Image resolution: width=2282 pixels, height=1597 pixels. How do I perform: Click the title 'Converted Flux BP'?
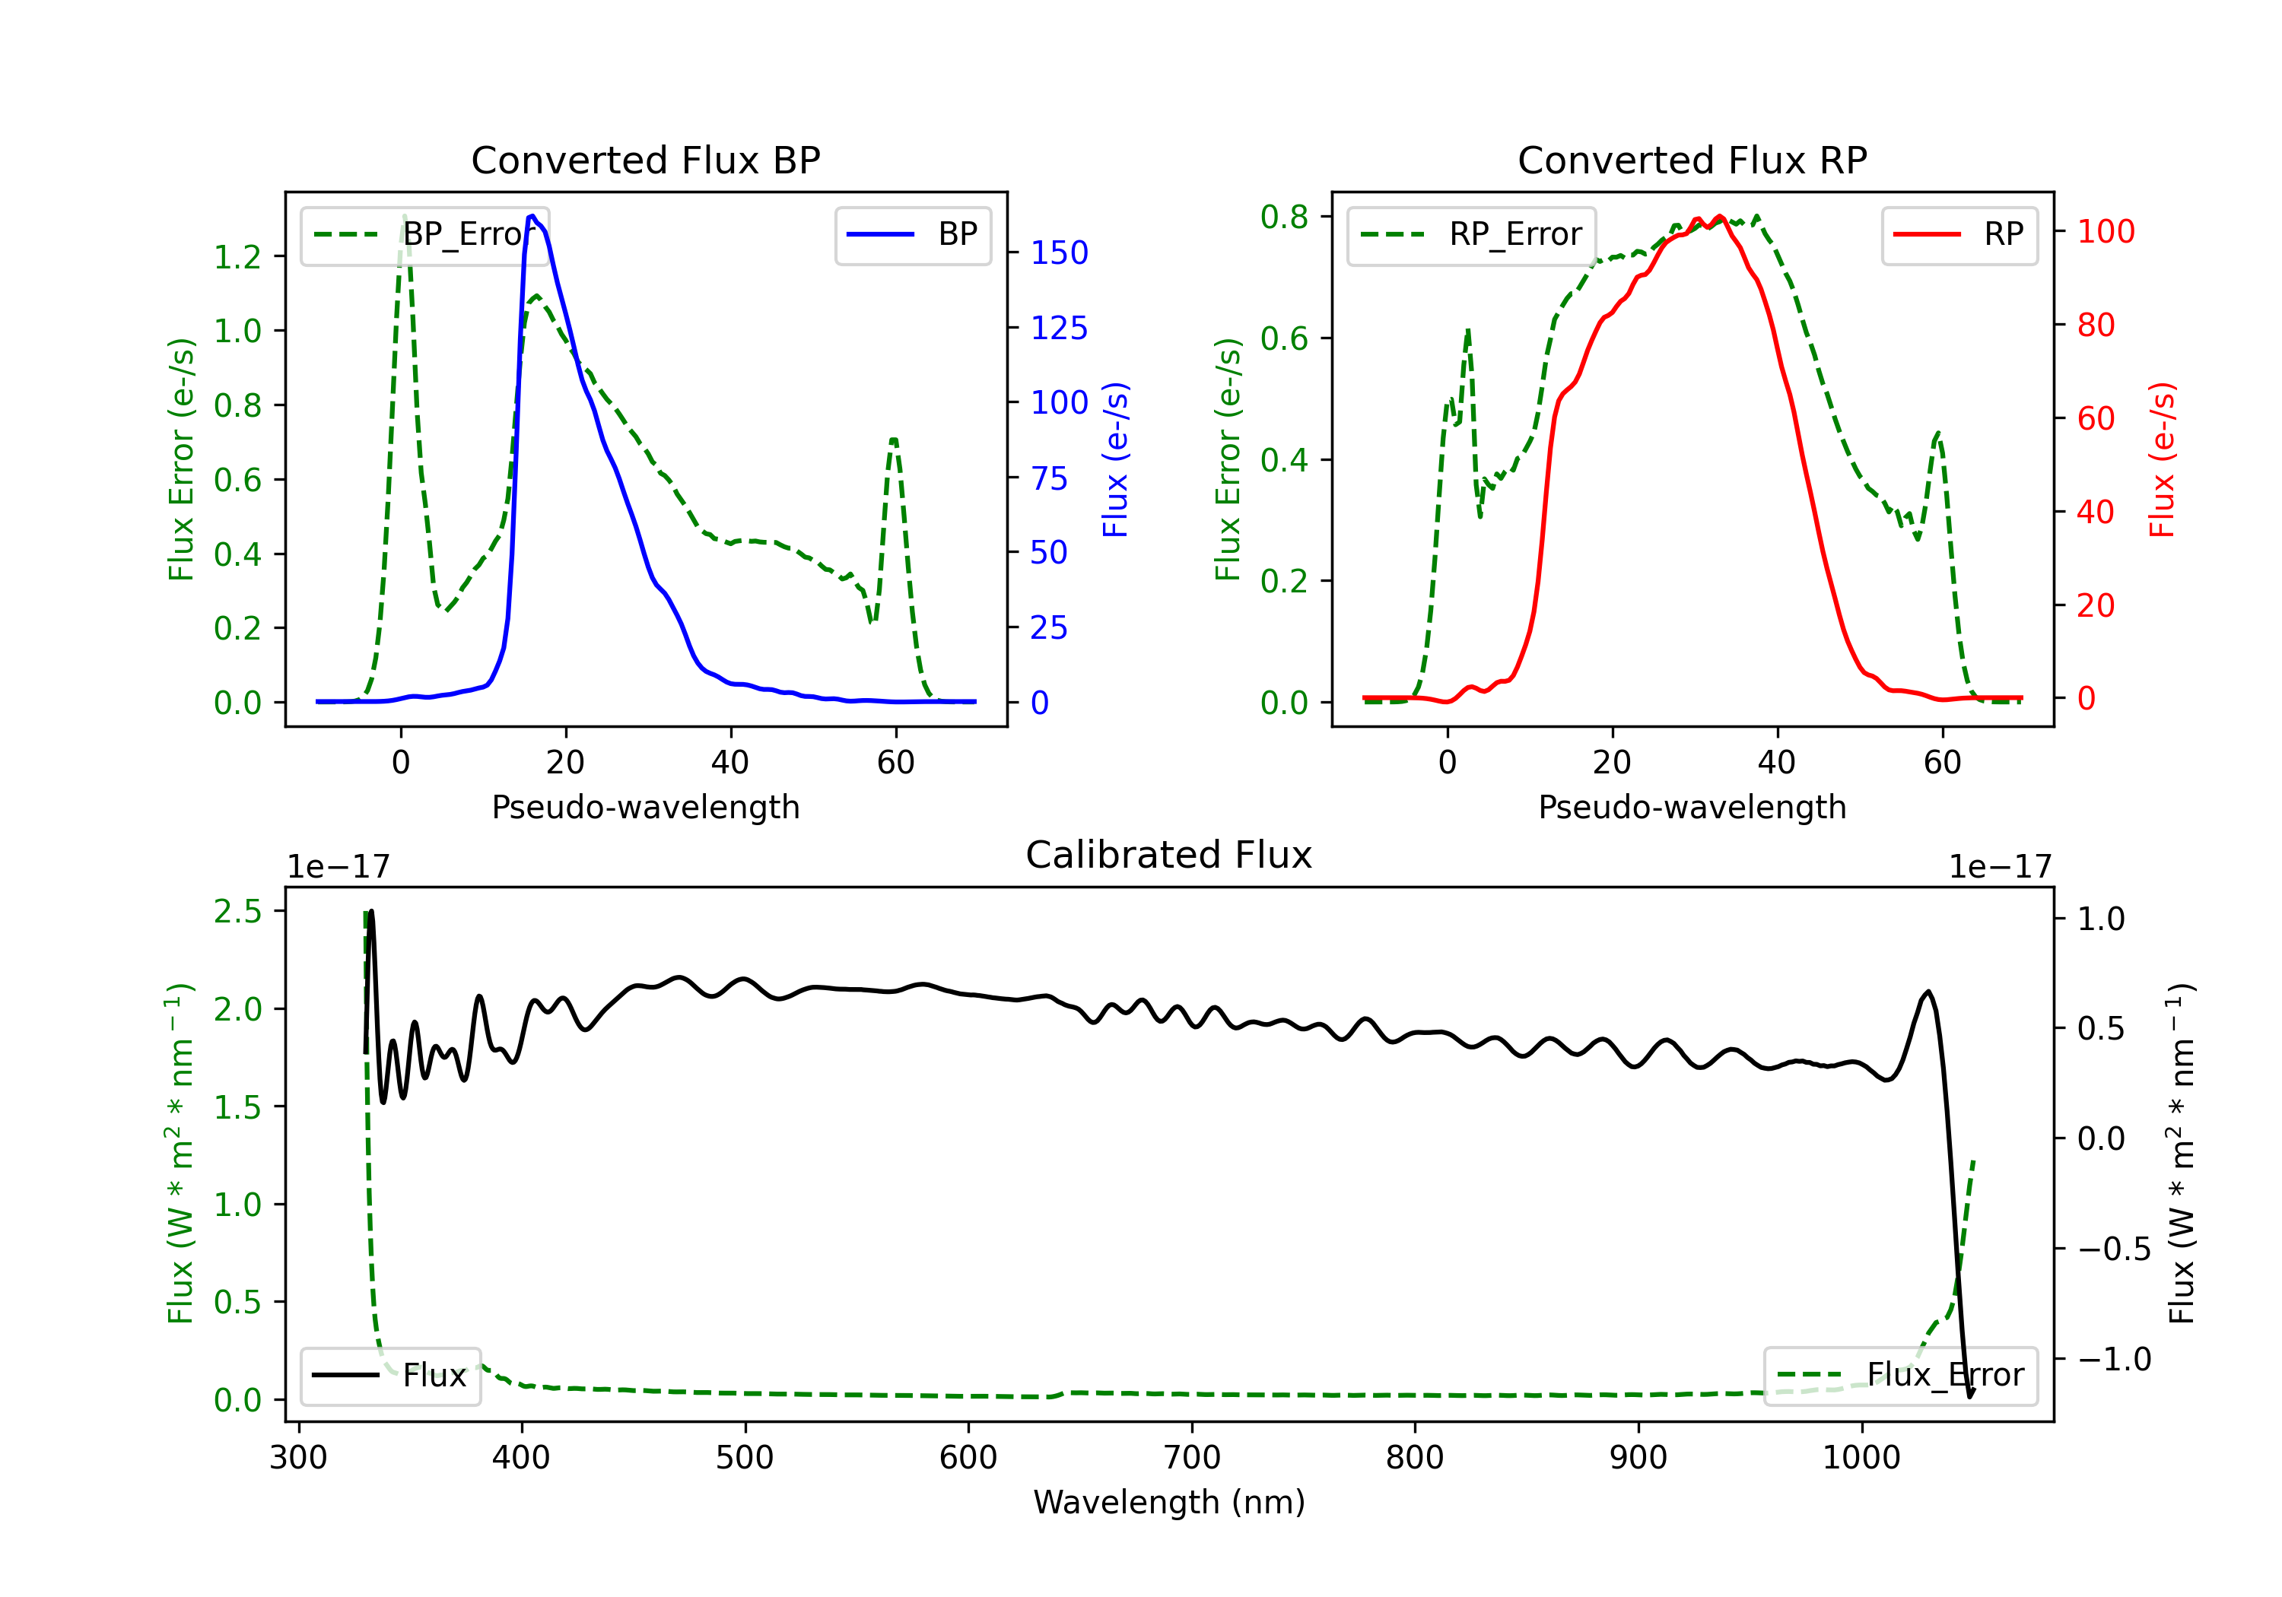click(645, 160)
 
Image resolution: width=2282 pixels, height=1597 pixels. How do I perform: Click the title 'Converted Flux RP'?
click(1692, 160)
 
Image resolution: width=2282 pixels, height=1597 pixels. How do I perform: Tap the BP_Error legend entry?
click(424, 234)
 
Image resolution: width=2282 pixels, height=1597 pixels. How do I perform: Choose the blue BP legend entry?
click(912, 234)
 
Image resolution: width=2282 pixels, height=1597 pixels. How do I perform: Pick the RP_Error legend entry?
click(1471, 234)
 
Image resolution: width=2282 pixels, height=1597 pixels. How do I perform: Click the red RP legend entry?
click(1959, 234)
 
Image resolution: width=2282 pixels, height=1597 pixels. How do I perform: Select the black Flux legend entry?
click(389, 1376)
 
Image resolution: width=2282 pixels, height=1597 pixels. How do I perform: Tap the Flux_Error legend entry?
click(1899, 1376)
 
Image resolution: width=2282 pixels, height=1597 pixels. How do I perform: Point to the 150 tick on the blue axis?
click(1060, 253)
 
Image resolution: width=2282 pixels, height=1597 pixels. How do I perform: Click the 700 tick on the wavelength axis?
click(1192, 1458)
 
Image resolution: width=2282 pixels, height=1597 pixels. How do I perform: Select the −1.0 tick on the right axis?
click(2114, 1358)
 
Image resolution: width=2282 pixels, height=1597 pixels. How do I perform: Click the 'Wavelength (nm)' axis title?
click(1169, 1502)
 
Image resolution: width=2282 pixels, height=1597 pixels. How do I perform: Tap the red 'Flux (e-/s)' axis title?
click(2163, 460)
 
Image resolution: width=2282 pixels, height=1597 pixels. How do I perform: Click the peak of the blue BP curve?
click(532, 216)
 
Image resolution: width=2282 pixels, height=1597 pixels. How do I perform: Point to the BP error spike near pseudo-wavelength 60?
click(894, 440)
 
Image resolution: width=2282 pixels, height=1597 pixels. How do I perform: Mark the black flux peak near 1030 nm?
click(1928, 992)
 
